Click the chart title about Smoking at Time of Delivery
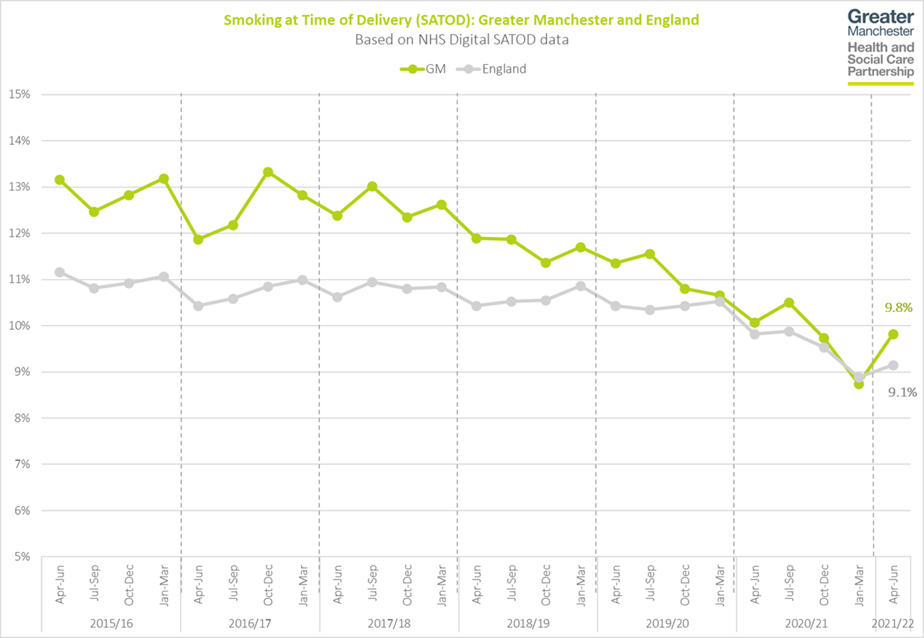point(461,20)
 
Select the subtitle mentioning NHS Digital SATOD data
point(461,40)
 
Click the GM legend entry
point(423,69)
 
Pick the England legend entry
point(492,69)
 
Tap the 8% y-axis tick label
point(20,418)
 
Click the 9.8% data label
point(898,308)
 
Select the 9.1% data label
point(901,392)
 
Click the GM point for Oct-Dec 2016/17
point(268,172)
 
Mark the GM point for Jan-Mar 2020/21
point(858,384)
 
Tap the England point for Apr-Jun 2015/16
point(60,272)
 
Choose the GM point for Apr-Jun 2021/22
point(893,334)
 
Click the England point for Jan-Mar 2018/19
point(581,286)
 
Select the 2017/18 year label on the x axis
point(389,623)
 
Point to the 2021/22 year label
point(893,623)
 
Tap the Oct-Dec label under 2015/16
point(129,585)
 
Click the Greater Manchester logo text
point(880,23)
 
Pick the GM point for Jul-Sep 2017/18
point(372,186)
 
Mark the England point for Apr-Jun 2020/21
point(754,334)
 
